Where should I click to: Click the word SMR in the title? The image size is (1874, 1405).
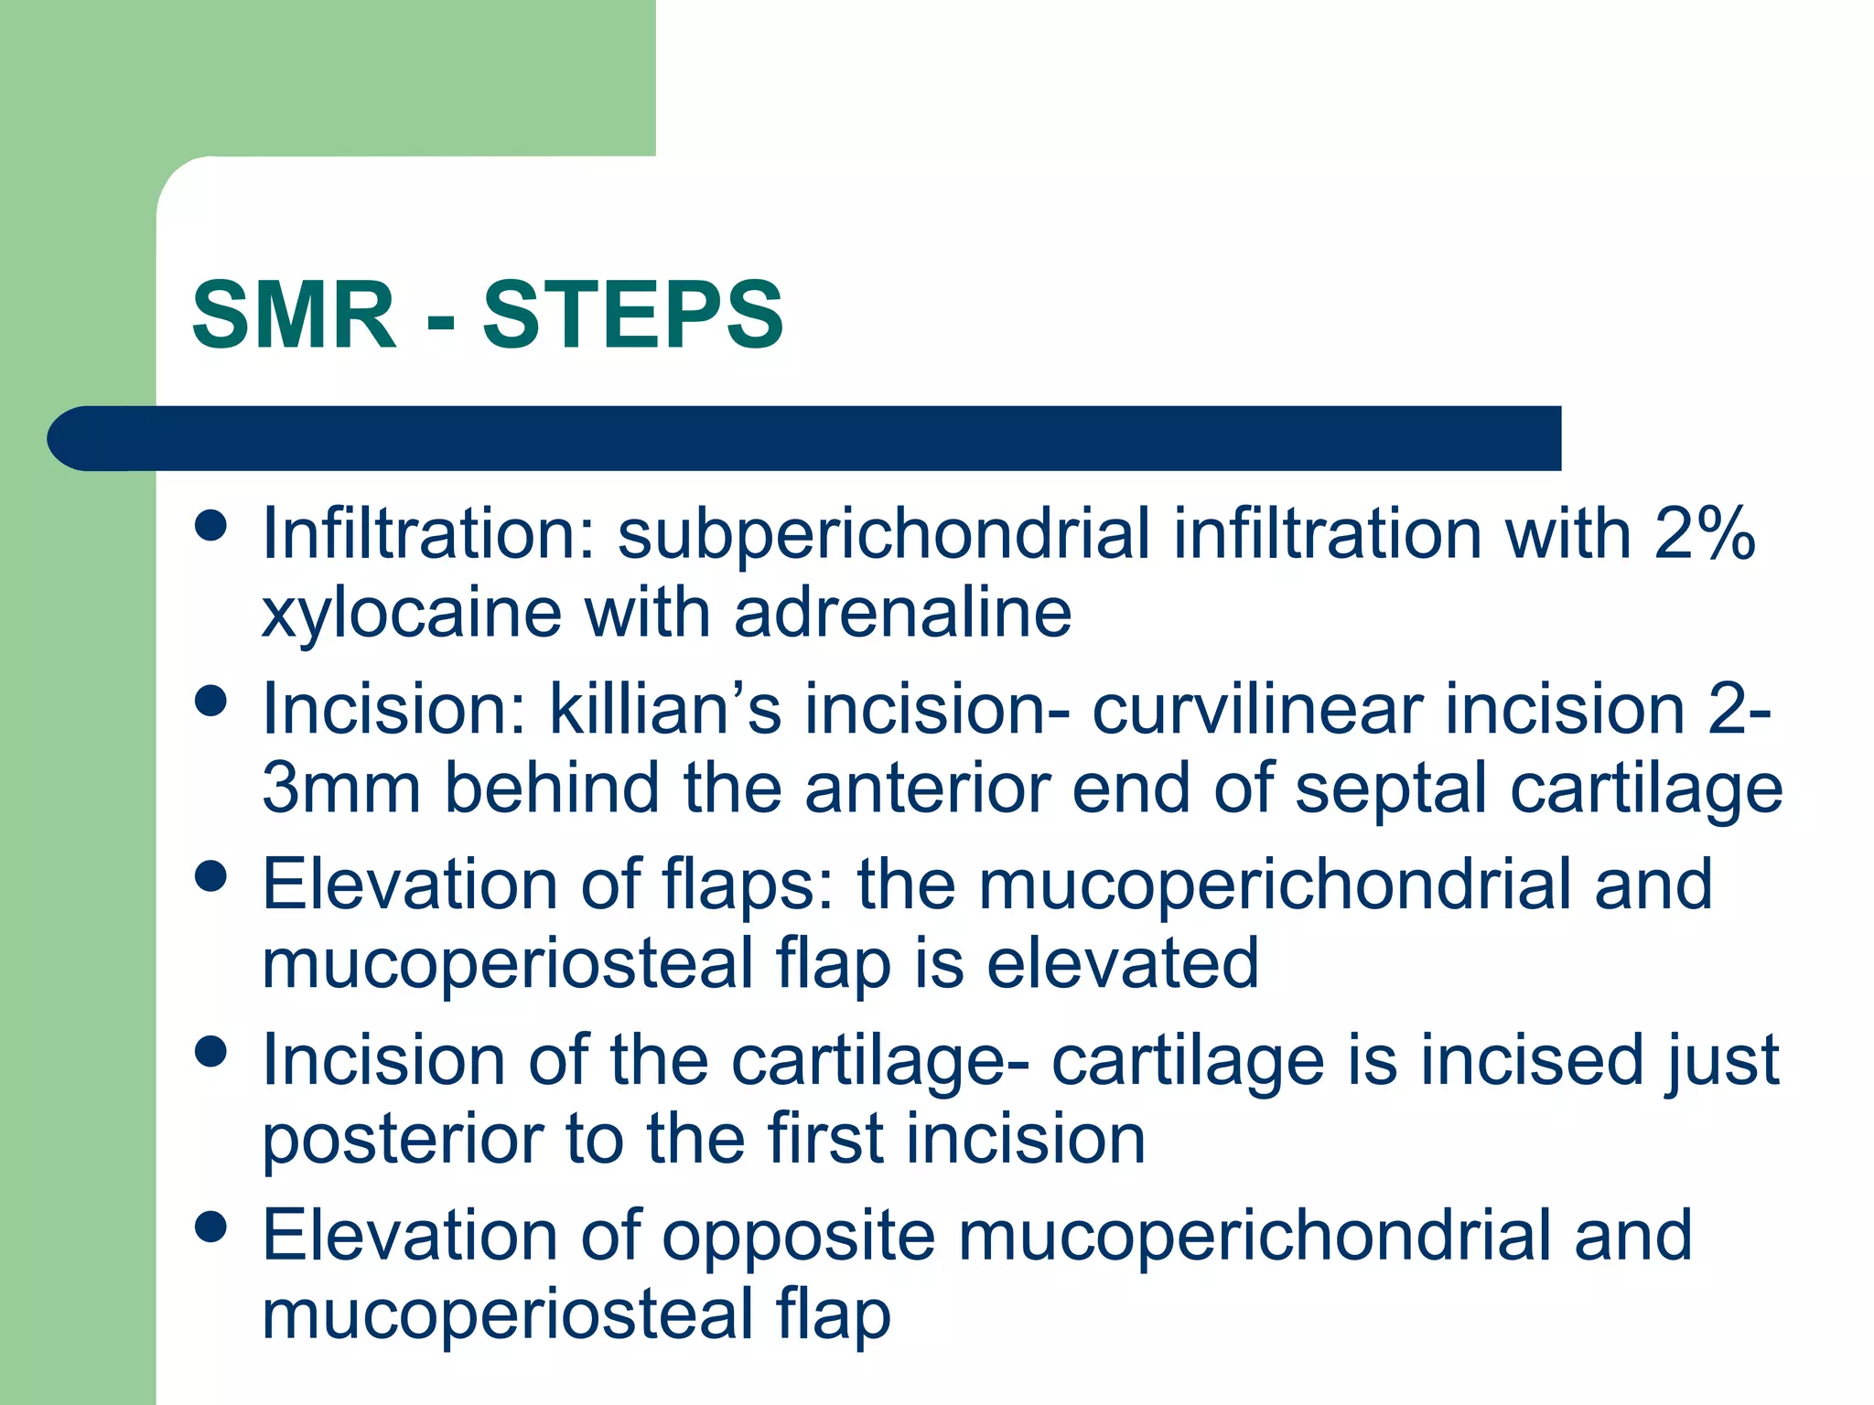click(x=295, y=316)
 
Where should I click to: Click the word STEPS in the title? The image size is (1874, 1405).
click(x=633, y=316)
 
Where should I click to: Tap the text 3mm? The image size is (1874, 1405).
click(x=341, y=788)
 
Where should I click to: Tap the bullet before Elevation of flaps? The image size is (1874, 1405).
click(x=211, y=876)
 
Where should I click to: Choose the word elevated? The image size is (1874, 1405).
click(x=1123, y=963)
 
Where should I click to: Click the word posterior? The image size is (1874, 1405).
click(x=403, y=1140)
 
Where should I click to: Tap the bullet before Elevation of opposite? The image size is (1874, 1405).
click(x=211, y=1228)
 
